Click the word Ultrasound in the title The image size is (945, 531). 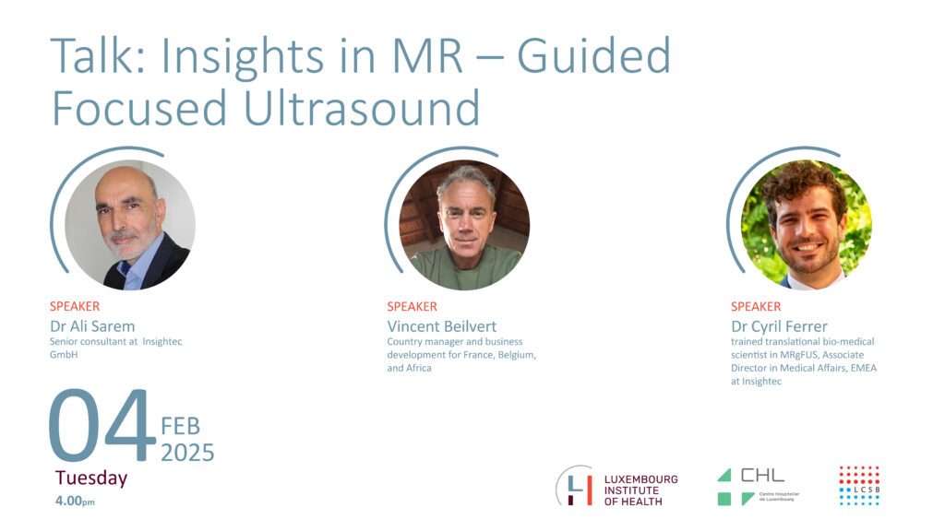coord(362,108)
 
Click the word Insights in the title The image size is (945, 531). coord(243,58)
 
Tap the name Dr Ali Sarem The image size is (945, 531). coord(92,326)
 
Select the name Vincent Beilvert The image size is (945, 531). coord(442,326)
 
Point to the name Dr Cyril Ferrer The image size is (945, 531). coord(779,327)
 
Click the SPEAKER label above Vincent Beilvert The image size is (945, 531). coord(412,306)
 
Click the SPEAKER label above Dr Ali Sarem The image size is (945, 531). coord(75,306)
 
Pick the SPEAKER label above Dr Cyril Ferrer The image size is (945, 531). coord(756,306)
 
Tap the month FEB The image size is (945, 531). coord(180,426)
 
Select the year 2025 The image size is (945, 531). coord(187,453)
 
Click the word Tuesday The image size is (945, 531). coord(91,478)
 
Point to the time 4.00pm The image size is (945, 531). coord(75,501)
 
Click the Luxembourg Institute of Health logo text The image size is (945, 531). coord(640,490)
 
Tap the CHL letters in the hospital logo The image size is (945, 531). coord(762,476)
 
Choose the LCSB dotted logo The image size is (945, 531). coord(859,485)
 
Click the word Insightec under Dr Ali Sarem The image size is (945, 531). coord(162,341)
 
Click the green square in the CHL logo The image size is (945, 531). coord(724,499)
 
